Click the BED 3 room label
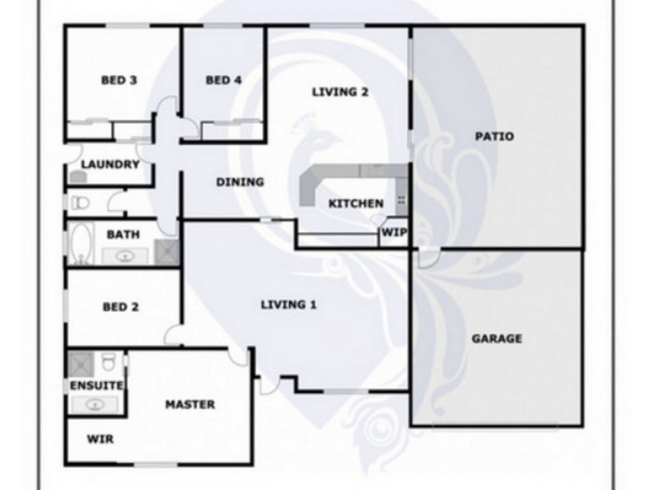click(118, 80)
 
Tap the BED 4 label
click(223, 80)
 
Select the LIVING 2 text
click(340, 91)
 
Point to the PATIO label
click(494, 136)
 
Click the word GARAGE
click(496, 338)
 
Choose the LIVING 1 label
click(288, 305)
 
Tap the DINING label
click(239, 182)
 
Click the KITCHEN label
click(355, 203)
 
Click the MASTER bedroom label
click(190, 404)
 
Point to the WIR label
click(100, 439)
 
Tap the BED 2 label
click(120, 308)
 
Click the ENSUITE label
click(96, 385)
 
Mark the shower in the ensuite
click(82, 363)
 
